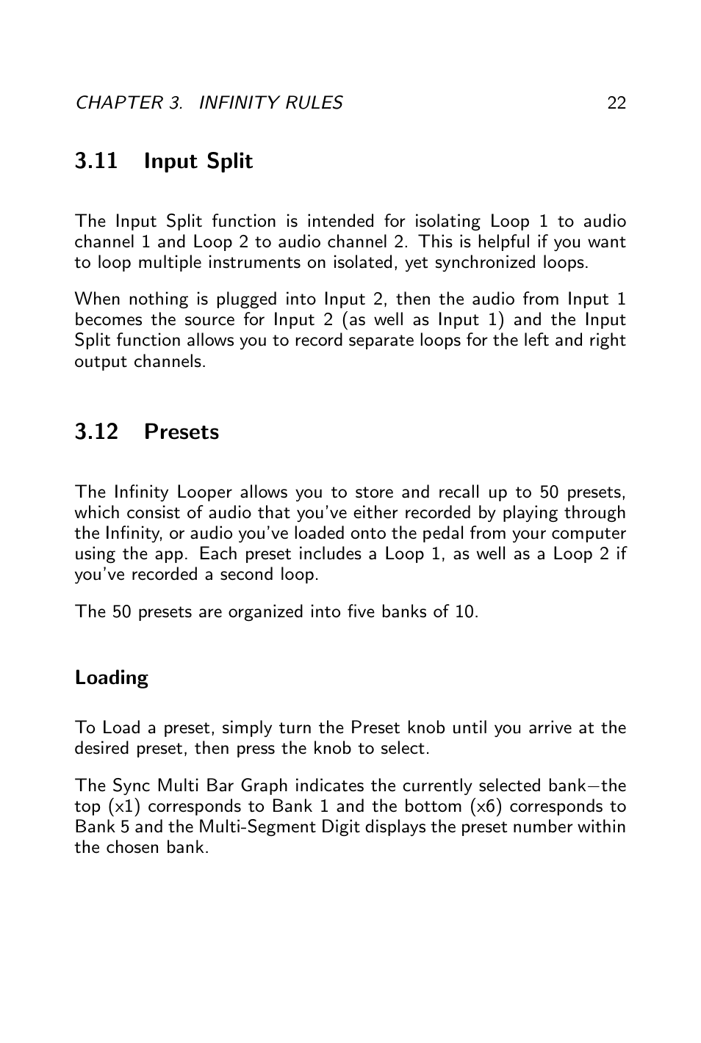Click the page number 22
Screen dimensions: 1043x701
pos(616,103)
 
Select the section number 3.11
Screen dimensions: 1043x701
pos(96,161)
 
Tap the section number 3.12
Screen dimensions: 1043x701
pos(96,432)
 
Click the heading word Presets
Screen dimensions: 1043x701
pos(181,432)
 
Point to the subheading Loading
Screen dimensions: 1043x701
pos(111,677)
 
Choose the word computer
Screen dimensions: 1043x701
pos(589,534)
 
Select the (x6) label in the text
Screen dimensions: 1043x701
pos(486,807)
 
